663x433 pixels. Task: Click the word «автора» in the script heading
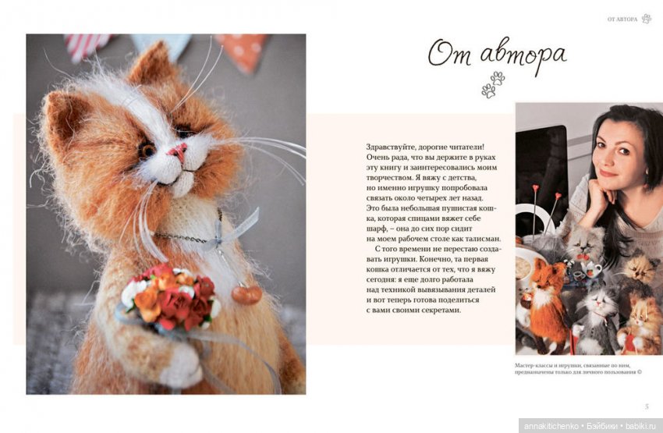pyautogui.click(x=523, y=55)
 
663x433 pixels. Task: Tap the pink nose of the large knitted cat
pyautogui.click(x=178, y=151)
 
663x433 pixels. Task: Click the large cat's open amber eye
pyautogui.click(x=147, y=150)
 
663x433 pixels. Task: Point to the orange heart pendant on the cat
pyautogui.click(x=246, y=294)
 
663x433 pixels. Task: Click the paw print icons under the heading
pyautogui.click(x=493, y=84)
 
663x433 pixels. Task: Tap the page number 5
pyautogui.click(x=647, y=406)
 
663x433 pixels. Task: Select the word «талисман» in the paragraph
pyautogui.click(x=485, y=239)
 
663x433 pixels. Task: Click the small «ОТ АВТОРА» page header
pyautogui.click(x=622, y=20)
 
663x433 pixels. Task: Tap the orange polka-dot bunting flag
pyautogui.click(x=244, y=51)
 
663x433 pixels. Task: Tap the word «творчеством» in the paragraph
pyautogui.click(x=386, y=178)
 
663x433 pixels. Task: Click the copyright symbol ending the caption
pyautogui.click(x=640, y=372)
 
